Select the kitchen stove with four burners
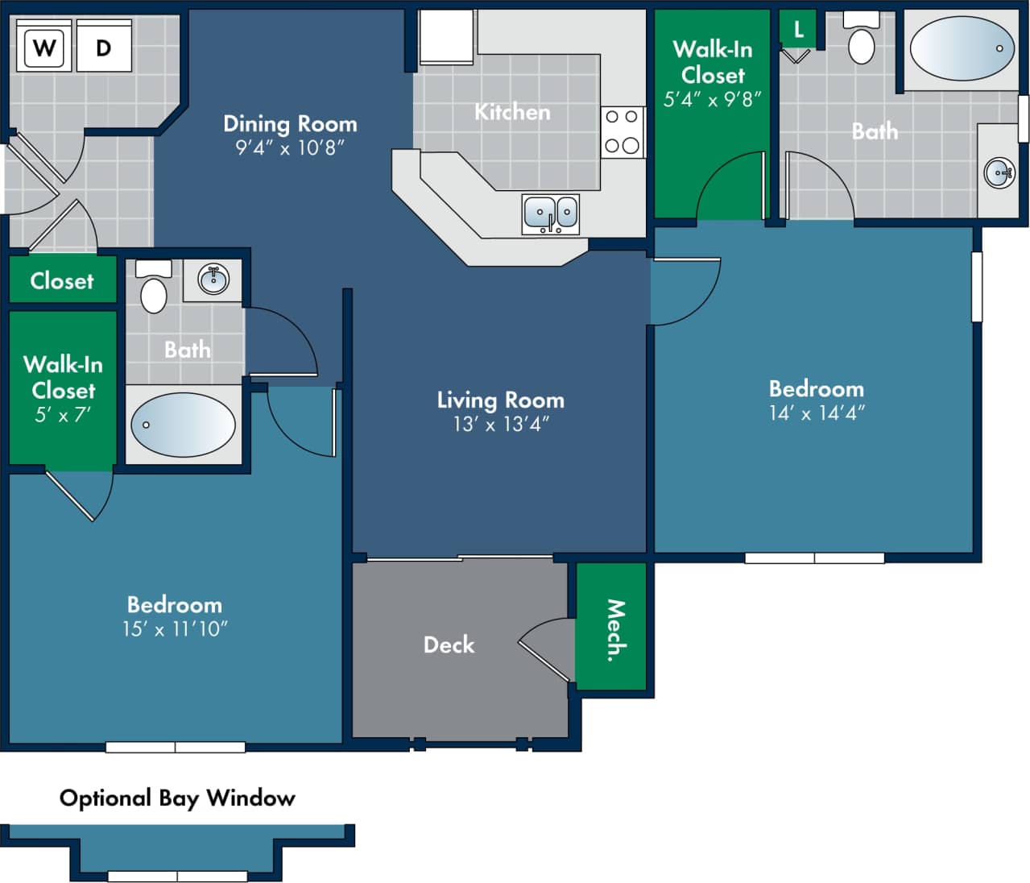coord(622,132)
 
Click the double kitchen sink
coord(551,213)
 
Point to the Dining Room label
coord(290,124)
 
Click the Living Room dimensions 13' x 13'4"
coord(501,424)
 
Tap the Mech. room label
coord(614,629)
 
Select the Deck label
coord(449,645)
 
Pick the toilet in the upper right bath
coord(862,40)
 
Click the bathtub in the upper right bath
coord(962,48)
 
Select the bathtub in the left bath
coord(183,425)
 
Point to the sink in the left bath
coord(213,280)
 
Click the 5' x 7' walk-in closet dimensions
coord(63,416)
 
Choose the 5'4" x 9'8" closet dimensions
coord(712,100)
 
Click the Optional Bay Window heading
coord(177,798)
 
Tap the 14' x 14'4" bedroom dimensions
coord(817,412)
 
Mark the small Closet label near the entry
coord(62,280)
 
